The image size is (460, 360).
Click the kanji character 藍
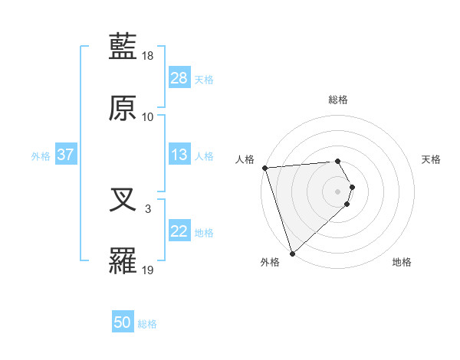click(123, 47)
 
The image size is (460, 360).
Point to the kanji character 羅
click(123, 260)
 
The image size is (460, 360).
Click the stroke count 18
click(148, 57)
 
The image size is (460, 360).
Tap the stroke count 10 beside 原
click(148, 116)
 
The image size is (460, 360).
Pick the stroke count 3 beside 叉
click(148, 208)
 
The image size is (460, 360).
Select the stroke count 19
click(148, 269)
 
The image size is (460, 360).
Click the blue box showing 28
click(179, 78)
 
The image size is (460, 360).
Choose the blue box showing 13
click(179, 155)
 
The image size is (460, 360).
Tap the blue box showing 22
click(179, 231)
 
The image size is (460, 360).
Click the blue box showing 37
click(66, 155)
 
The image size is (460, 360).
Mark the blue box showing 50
click(123, 323)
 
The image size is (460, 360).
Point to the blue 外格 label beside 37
click(41, 156)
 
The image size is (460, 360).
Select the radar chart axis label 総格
click(338, 100)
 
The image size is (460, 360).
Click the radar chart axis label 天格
click(431, 159)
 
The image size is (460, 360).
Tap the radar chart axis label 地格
click(402, 263)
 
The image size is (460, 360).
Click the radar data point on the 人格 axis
click(264, 168)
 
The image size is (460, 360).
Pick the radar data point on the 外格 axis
click(292, 253)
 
